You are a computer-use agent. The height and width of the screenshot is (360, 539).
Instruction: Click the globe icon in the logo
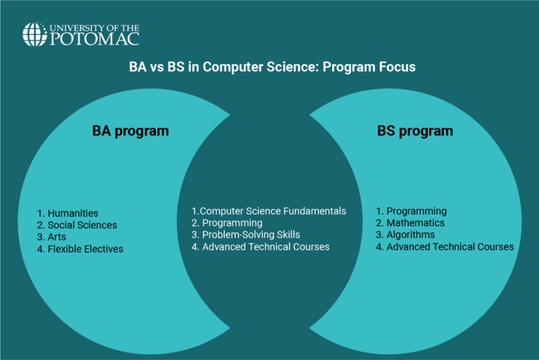click(x=34, y=34)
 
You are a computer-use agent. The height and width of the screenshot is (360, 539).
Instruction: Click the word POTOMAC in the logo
click(x=94, y=39)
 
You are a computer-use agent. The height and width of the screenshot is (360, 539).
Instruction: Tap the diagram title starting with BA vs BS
click(x=272, y=67)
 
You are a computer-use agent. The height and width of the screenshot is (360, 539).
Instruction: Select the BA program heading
click(x=131, y=131)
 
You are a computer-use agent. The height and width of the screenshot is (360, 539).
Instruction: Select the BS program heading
click(x=415, y=131)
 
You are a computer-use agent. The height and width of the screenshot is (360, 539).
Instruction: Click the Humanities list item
click(x=68, y=213)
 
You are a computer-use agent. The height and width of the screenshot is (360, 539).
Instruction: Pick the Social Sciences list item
click(x=77, y=225)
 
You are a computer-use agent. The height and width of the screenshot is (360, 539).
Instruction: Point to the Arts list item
click(x=57, y=237)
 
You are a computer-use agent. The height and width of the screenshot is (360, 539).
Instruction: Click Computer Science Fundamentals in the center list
click(x=269, y=211)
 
